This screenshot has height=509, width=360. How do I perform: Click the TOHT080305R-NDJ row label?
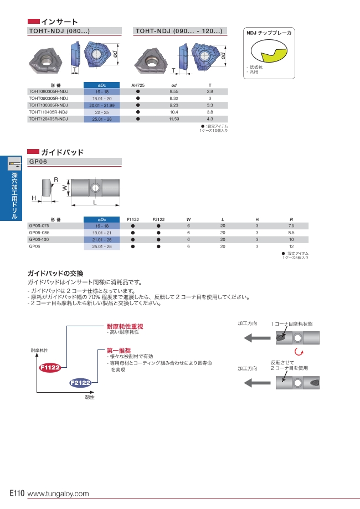coord(48,91)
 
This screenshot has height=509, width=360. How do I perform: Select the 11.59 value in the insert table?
coord(173,119)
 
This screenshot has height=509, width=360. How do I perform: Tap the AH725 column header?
coord(137,85)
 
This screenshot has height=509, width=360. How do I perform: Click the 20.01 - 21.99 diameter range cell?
coord(101,105)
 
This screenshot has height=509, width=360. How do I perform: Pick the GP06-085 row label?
coord(39,233)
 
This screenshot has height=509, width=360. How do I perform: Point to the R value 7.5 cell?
coord(291,226)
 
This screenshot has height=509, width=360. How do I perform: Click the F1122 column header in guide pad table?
coord(133,219)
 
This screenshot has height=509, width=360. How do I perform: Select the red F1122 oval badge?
coord(50,367)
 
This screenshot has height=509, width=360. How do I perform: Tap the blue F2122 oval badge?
coord(80,383)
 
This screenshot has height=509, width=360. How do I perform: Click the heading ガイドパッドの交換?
coord(55,274)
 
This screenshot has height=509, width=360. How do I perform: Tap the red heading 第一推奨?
coord(119,351)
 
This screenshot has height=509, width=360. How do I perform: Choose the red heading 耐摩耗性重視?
coord(125,326)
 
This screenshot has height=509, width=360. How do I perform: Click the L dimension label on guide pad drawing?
coord(95,203)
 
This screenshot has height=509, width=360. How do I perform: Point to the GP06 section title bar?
coord(74,162)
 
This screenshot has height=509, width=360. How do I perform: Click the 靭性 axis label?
coord(90,397)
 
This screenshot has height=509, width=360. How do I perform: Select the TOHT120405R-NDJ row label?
coord(48,119)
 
